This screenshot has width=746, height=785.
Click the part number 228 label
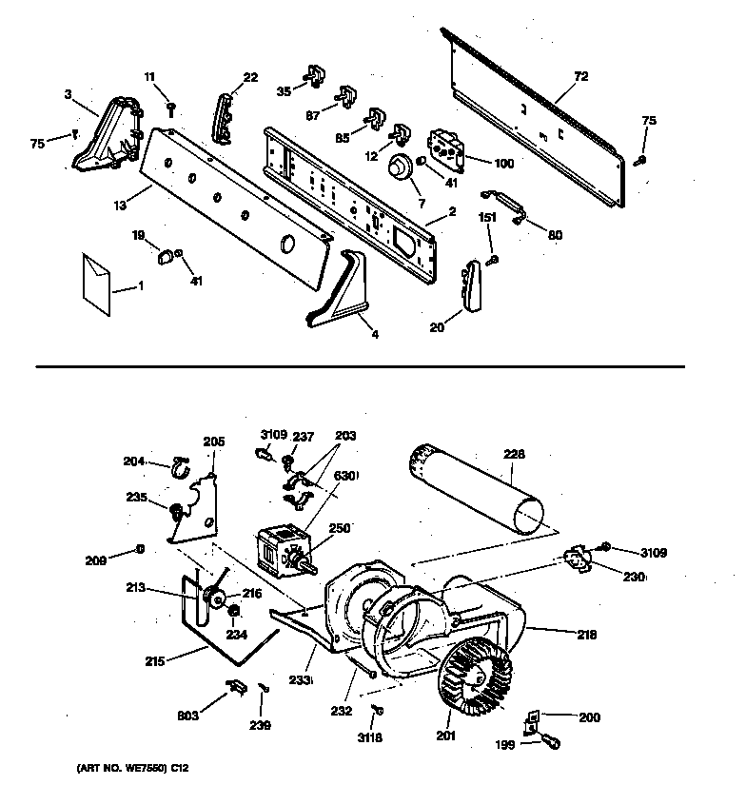tap(514, 455)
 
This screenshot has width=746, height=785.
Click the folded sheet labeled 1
tap(96, 281)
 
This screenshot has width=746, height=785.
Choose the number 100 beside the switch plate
tap(503, 164)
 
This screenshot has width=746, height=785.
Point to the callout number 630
tap(345, 476)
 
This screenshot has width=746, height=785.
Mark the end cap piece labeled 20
tap(470, 285)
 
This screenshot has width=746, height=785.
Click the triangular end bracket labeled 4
tap(343, 293)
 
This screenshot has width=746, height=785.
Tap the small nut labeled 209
tap(141, 549)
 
